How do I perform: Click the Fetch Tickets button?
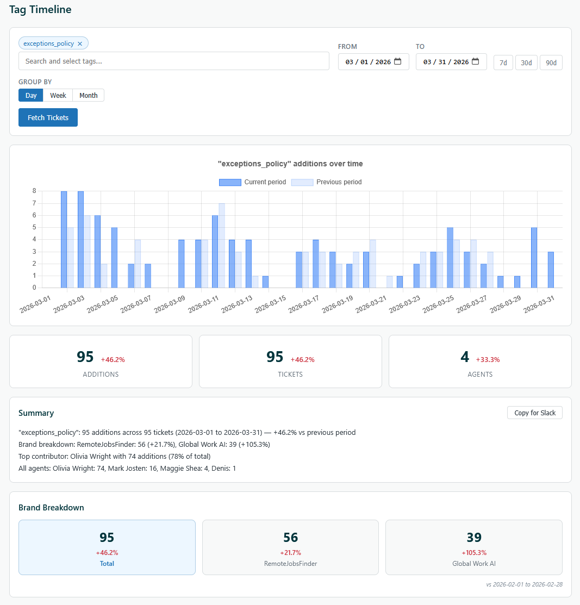pyautogui.click(x=48, y=117)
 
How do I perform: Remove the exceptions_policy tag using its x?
pyautogui.click(x=80, y=43)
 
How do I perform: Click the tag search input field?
pyautogui.click(x=174, y=61)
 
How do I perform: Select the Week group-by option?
pyautogui.click(x=58, y=95)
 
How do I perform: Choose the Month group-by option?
pyautogui.click(x=88, y=95)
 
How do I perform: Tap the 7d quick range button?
pyautogui.click(x=503, y=63)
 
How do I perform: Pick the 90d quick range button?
pyautogui.click(x=551, y=63)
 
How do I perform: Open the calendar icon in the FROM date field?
pyautogui.click(x=398, y=61)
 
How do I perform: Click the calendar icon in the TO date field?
pyautogui.click(x=476, y=61)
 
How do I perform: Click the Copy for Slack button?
pyautogui.click(x=535, y=413)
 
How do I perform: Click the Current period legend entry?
pyautogui.click(x=253, y=182)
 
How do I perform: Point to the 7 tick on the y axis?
pyautogui.click(x=34, y=203)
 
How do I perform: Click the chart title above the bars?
pyautogui.click(x=290, y=164)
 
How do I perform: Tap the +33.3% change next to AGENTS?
pyautogui.click(x=488, y=359)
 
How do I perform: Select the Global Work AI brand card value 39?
pyautogui.click(x=474, y=538)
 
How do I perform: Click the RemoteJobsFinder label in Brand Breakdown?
pyautogui.click(x=290, y=564)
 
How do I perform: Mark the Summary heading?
pyautogui.click(x=36, y=413)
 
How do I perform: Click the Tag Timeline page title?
pyautogui.click(x=40, y=10)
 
